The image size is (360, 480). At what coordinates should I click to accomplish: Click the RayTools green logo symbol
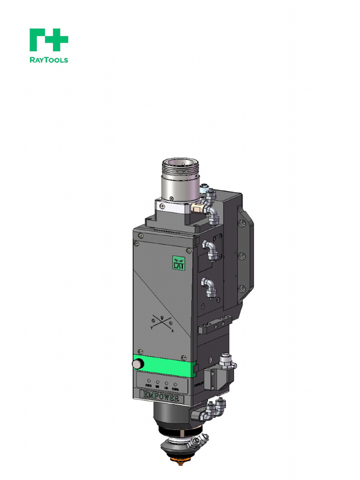tap(49, 40)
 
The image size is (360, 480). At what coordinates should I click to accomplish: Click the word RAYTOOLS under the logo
tap(49, 60)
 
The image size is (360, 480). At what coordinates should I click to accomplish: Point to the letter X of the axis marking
tap(172, 331)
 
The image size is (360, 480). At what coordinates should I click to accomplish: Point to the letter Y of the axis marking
tap(151, 329)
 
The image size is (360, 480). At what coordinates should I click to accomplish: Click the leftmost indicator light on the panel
tap(149, 382)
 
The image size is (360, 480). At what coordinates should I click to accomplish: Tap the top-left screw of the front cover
tap(136, 243)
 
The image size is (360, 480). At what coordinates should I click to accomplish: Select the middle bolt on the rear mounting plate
tap(242, 256)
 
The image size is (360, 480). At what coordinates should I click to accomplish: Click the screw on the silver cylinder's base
tap(172, 198)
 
